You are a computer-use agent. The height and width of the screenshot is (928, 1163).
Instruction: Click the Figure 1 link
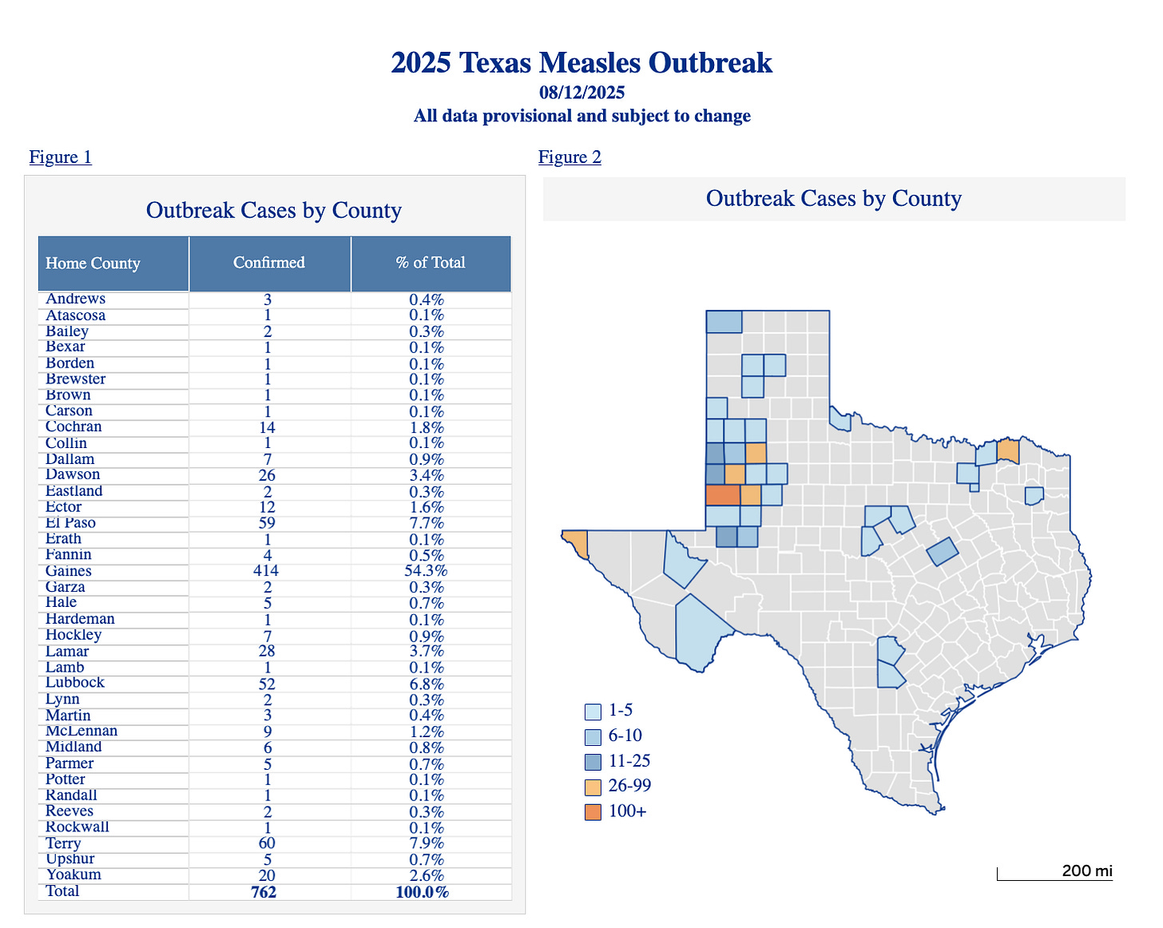point(61,157)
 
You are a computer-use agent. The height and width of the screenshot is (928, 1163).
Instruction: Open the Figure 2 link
point(570,157)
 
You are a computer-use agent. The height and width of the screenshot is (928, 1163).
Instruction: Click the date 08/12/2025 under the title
point(581,93)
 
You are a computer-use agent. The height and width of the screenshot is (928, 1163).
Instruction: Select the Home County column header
point(93,264)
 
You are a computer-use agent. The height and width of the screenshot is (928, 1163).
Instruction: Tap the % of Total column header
point(431,263)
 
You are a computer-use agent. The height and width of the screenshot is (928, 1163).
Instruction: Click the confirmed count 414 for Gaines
point(268,571)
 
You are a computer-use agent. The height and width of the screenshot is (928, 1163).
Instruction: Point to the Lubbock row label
point(75,683)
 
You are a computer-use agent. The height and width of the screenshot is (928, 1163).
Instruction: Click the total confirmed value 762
point(264,892)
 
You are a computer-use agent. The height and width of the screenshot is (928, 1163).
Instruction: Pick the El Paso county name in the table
point(70,523)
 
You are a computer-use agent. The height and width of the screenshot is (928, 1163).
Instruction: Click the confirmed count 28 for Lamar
point(268,652)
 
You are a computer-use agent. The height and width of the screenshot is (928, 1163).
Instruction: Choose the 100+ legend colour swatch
point(593,812)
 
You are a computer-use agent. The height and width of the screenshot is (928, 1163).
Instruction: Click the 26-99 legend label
point(629,786)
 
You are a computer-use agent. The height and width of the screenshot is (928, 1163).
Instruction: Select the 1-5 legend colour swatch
point(593,711)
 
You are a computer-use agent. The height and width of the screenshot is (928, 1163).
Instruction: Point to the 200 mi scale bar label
point(1086,870)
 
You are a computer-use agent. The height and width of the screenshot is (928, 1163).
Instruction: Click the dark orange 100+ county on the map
point(722,494)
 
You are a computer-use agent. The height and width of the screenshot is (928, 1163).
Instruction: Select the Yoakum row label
point(73,875)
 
